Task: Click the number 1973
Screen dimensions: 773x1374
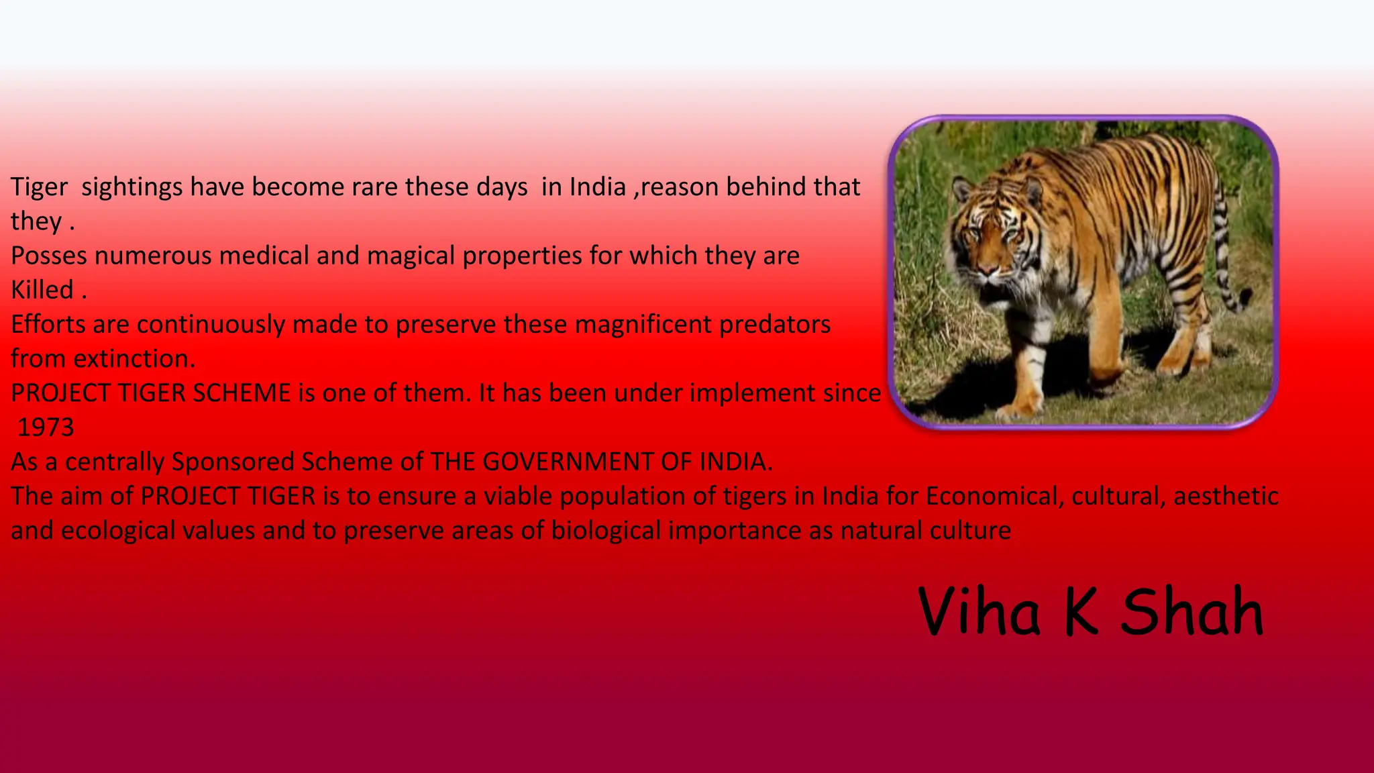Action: click(46, 427)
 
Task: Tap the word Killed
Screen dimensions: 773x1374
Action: click(42, 290)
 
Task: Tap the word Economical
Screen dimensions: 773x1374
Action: click(994, 497)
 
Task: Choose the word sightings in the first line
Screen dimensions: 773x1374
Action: click(131, 187)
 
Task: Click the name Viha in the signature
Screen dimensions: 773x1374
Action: click(979, 611)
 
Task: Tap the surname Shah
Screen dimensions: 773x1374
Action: click(1192, 611)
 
